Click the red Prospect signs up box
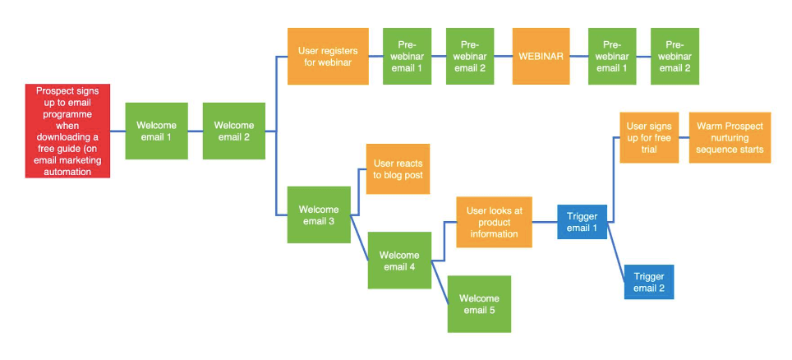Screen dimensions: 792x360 point(67,131)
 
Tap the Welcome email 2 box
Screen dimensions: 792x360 point(234,131)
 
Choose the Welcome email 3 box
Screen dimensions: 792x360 point(319,215)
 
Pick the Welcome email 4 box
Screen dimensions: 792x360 point(399,261)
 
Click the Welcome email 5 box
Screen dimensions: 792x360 point(479,304)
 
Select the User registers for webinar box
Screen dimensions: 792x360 point(328,56)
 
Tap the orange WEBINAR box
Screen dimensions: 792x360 point(541,56)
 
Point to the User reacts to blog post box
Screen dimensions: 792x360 point(398,168)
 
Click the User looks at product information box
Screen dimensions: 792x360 point(494,222)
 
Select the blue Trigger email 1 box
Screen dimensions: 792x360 point(582,222)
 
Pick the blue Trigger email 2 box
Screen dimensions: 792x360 point(649,282)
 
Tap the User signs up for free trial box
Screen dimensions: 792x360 point(649,137)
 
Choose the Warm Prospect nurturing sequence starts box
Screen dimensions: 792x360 point(730,137)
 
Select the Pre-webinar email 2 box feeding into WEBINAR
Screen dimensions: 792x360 point(470,56)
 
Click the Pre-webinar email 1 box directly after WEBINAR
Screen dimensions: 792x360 point(612,56)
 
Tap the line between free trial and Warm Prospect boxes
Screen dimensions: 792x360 point(684,137)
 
